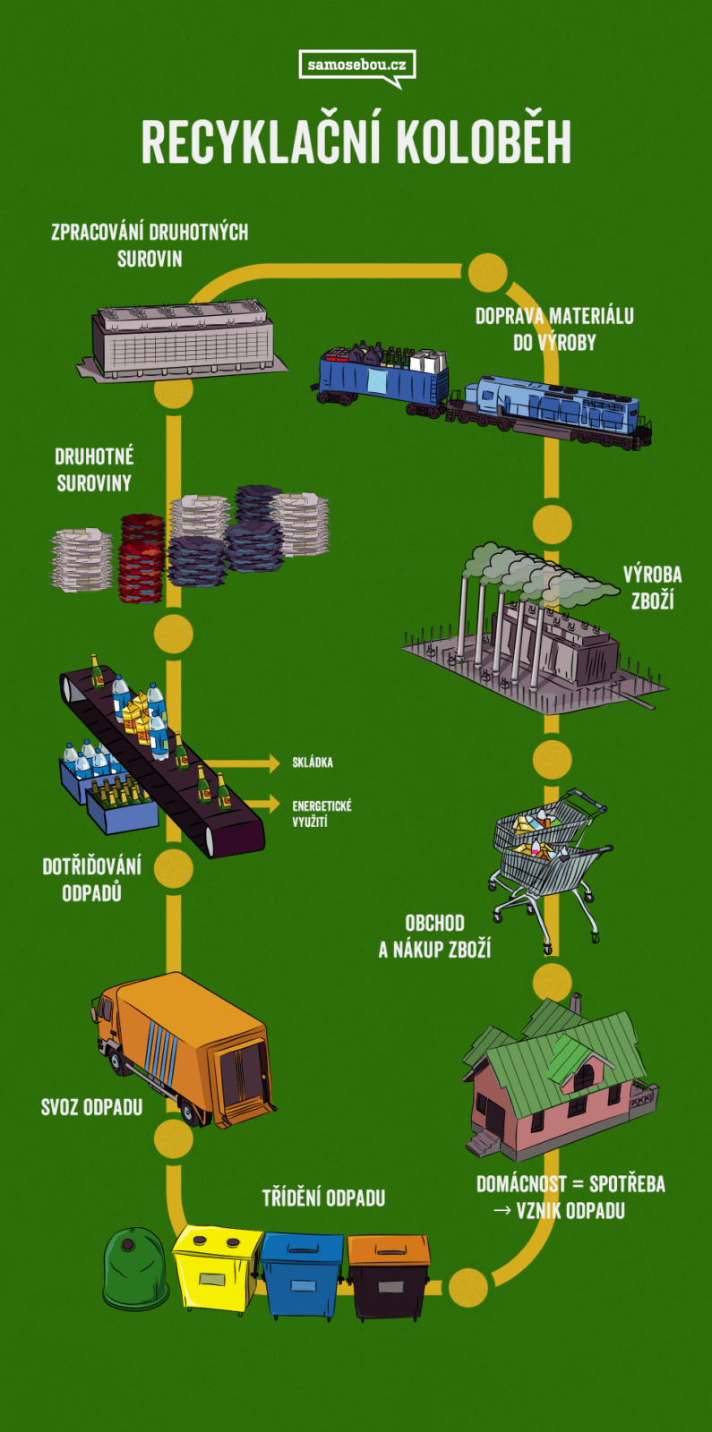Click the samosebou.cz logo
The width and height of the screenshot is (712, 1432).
[356, 65]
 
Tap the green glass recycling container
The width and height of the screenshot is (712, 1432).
[135, 1269]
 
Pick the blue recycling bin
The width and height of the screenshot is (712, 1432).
[303, 1274]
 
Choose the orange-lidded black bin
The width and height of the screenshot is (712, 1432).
[388, 1275]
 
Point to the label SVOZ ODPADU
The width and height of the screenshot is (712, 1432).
[91, 1107]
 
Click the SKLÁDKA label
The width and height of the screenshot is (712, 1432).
[312, 763]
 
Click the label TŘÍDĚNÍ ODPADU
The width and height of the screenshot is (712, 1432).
[323, 1198]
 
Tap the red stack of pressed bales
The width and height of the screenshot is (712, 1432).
[142, 559]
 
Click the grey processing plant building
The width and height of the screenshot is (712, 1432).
[184, 340]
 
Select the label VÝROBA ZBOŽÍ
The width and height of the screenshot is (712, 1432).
[652, 587]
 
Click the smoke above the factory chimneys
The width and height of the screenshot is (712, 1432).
[537, 573]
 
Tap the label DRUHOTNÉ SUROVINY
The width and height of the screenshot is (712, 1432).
[94, 470]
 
